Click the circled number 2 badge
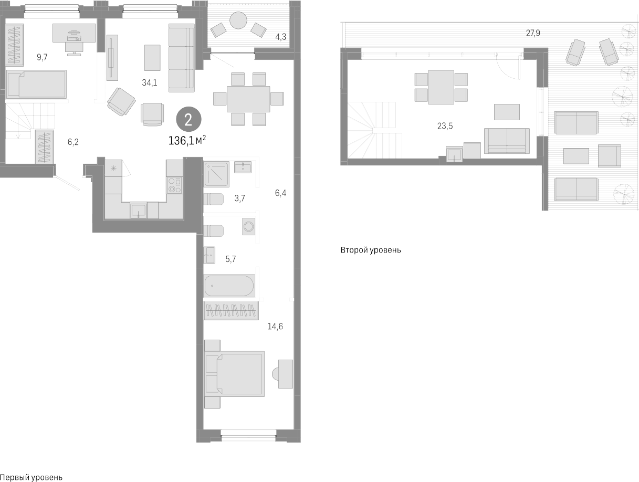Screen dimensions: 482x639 click(188, 119)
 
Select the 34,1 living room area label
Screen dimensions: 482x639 click(150, 82)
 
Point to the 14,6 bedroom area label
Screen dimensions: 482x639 click(275, 327)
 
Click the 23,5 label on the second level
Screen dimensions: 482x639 click(445, 125)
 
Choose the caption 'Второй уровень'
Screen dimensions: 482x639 click(371, 250)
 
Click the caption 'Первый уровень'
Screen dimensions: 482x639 click(32, 477)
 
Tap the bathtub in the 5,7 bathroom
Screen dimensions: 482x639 click(229, 286)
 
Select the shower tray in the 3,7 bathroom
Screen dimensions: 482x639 click(216, 174)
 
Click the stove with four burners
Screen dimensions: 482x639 click(174, 185)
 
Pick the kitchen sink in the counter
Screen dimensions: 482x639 click(139, 210)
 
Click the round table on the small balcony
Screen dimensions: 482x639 click(238, 21)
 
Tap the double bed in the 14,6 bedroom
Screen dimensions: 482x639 click(235, 373)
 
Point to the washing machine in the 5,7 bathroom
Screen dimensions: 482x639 click(249, 227)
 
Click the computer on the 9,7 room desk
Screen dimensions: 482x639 click(74, 36)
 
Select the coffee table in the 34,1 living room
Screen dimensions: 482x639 click(152, 58)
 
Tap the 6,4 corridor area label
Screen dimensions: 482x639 click(281, 193)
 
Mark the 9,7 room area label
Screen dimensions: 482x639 click(42, 57)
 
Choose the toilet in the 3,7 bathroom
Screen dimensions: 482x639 click(214, 199)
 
